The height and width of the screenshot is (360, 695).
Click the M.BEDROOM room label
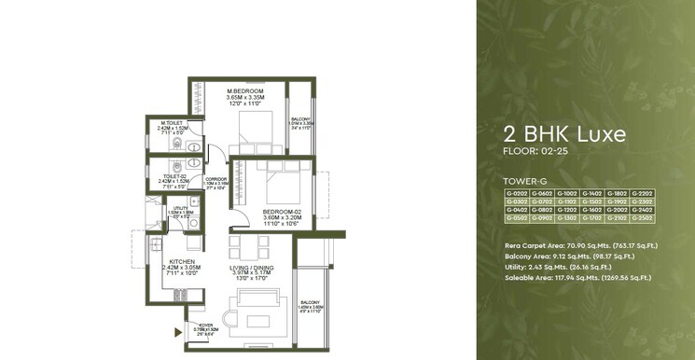[x=245, y=90]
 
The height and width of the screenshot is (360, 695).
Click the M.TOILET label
[x=171, y=123]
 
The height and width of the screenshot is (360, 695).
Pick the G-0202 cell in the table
[x=516, y=193]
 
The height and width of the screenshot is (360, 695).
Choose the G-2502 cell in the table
[x=642, y=218]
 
